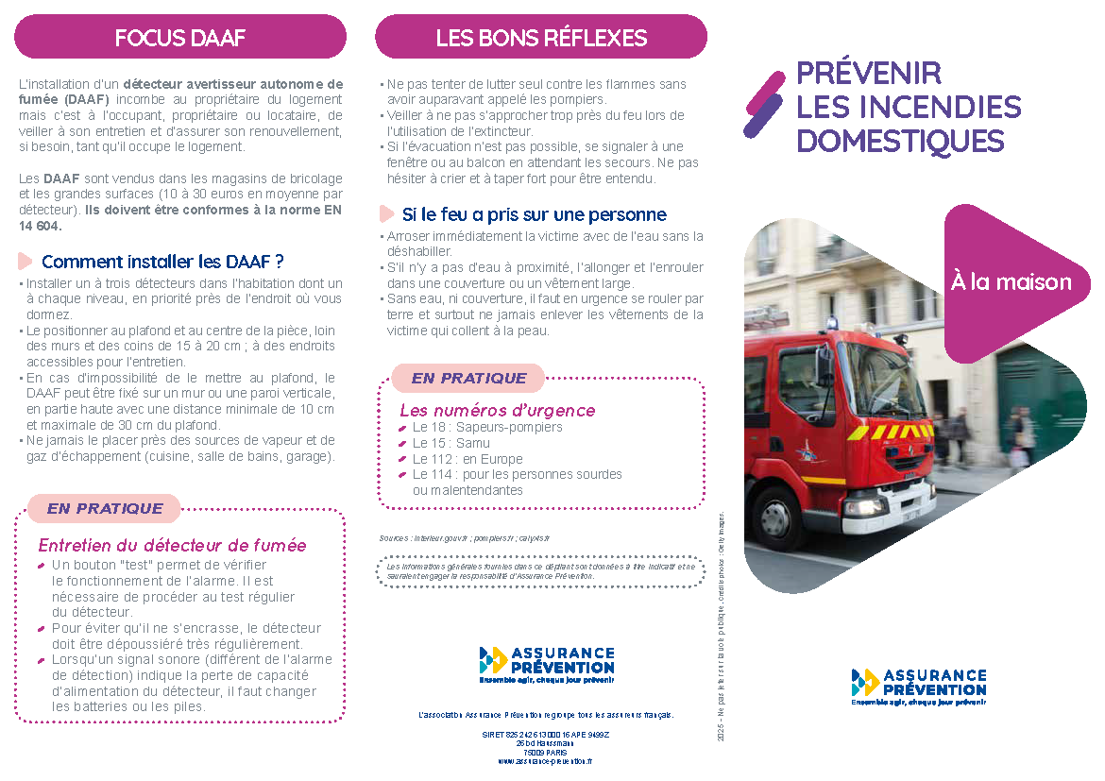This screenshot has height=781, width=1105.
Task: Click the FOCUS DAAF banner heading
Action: pos(179,39)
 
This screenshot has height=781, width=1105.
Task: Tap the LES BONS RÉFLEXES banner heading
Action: pos(541,39)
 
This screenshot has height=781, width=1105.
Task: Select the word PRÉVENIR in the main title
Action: pos(868,74)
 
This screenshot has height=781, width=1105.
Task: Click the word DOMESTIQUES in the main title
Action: pos(900,142)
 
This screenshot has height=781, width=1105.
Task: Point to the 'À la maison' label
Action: pos(1011,282)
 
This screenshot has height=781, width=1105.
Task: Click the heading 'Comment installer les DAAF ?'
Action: pos(162,262)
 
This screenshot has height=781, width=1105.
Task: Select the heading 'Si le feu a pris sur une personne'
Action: pos(534,214)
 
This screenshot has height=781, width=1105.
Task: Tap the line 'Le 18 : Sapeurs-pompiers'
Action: pos(487,427)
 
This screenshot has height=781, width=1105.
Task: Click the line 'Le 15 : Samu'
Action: pos(452,443)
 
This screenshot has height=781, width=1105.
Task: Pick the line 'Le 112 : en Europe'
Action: pos(467,459)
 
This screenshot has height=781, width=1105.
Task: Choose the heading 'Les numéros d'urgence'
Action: pos(497,410)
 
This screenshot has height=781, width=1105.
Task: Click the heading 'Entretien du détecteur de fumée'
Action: pos(172,545)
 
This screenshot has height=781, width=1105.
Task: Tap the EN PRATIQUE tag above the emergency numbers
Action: pos(468,378)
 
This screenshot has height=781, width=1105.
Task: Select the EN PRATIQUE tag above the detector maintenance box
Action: pos(104,508)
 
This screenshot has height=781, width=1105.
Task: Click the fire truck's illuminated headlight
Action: pos(861,507)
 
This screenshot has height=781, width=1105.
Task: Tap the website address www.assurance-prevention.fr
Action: pos(545,760)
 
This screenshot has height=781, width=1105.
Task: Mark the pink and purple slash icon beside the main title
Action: pos(764,105)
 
